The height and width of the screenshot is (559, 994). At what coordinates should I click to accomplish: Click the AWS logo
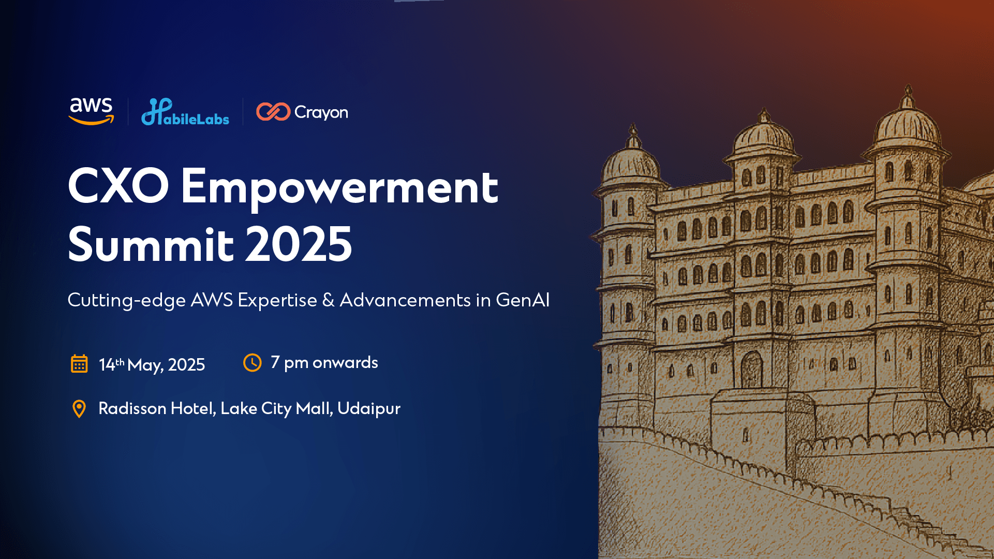point(91,111)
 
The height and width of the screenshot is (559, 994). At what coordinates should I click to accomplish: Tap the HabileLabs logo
point(185,112)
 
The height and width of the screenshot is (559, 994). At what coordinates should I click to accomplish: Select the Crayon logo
point(302,112)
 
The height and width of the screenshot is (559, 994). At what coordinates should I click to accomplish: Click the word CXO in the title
point(118,186)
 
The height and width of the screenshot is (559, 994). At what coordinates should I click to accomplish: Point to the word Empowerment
point(339,187)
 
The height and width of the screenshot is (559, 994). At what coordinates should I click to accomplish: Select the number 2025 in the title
point(299,244)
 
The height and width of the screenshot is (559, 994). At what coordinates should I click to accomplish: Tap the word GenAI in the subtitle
point(523,300)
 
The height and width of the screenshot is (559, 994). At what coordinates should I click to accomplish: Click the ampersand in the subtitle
point(328,300)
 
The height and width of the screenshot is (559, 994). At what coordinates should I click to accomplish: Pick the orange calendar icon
point(79,364)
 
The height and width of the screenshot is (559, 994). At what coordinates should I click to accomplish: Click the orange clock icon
point(253,363)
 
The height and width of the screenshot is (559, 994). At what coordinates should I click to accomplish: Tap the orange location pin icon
point(79,409)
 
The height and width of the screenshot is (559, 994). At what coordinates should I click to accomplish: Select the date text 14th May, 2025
point(152,364)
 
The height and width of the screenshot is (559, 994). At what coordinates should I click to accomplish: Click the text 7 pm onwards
point(324,362)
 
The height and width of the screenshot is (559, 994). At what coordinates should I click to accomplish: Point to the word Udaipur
point(369,409)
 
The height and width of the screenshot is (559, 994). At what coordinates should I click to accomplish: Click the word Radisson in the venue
point(132,408)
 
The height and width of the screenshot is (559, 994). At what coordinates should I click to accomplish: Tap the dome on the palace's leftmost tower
point(630,160)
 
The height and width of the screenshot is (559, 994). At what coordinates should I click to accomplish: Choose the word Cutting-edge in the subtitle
point(127,300)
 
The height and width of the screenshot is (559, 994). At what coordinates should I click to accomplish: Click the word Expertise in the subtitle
point(277,300)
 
